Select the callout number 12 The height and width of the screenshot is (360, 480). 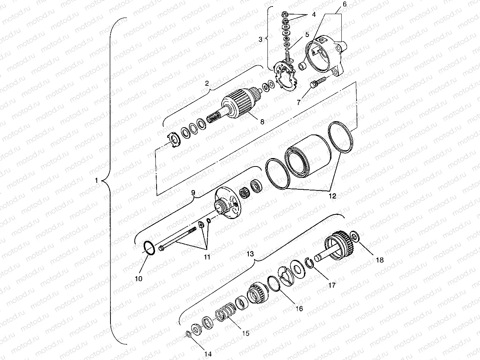pos(332,196)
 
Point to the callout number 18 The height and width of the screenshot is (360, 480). pos(379,260)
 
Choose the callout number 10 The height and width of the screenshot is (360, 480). pos(138,278)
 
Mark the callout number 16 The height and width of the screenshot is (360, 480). pos(299,309)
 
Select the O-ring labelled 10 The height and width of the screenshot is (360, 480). pos(149,248)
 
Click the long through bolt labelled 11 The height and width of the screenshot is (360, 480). pos(177,239)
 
